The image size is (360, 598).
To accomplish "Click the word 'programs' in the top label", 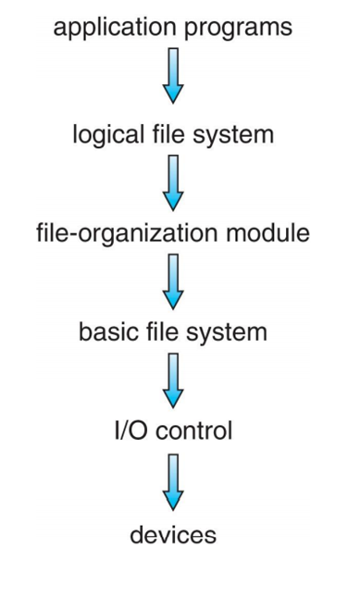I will [x=237, y=29].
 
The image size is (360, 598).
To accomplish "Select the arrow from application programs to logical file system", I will [x=173, y=75].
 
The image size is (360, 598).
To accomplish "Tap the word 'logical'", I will [x=105, y=134].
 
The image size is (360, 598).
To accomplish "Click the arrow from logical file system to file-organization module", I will [x=173, y=182].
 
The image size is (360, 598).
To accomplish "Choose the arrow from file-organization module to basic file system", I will [x=173, y=282].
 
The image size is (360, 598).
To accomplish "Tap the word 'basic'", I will [x=107, y=331].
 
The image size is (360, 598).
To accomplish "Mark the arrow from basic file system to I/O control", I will [x=173, y=381].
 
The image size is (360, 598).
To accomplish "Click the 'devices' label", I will [x=173, y=534].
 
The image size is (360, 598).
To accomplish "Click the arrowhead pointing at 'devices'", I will [x=173, y=501].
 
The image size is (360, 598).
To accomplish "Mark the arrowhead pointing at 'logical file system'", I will [x=173, y=94].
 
